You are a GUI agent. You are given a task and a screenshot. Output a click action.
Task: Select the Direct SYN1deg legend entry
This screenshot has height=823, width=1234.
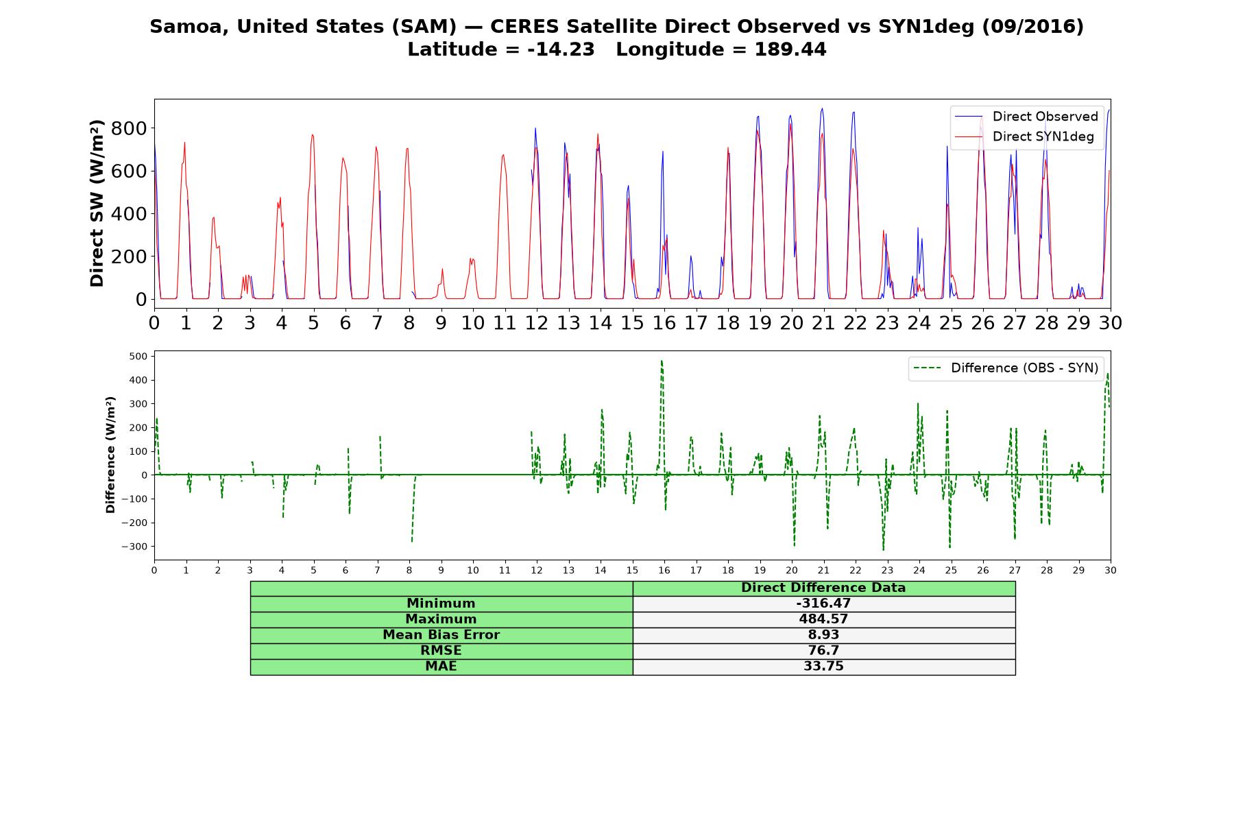click(1024, 136)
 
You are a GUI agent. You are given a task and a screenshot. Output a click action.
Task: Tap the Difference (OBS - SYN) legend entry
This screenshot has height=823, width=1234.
click(1006, 368)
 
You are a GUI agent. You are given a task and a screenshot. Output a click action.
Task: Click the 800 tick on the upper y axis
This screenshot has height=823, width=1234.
click(130, 128)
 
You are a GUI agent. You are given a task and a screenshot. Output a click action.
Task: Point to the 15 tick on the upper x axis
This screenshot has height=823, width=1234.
click(632, 322)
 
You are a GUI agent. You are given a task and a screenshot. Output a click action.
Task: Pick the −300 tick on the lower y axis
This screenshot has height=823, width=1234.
click(134, 547)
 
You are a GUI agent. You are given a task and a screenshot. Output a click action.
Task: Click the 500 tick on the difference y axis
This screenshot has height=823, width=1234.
click(138, 356)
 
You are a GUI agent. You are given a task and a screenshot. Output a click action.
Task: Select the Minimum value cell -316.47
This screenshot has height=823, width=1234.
click(823, 604)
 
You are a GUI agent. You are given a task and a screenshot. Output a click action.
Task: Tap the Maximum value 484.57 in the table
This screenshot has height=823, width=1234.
click(823, 619)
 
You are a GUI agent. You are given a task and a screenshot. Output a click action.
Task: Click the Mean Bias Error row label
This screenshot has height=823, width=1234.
click(441, 635)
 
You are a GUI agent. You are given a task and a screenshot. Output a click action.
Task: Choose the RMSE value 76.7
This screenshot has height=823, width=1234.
click(823, 651)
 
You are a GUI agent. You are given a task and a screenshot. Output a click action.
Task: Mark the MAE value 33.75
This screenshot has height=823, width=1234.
click(823, 667)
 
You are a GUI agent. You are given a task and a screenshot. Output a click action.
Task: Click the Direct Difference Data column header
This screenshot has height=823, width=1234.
click(823, 588)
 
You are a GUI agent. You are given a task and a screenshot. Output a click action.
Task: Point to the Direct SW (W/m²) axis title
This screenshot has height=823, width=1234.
click(97, 203)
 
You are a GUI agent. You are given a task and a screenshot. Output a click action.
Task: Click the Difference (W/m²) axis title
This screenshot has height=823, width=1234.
click(110, 455)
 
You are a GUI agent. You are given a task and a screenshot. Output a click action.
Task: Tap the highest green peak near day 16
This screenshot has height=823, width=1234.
click(662, 361)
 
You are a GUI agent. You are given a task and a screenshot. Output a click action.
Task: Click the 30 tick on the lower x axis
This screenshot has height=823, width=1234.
click(1111, 570)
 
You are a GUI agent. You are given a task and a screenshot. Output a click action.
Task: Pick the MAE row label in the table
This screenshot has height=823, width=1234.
click(441, 667)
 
